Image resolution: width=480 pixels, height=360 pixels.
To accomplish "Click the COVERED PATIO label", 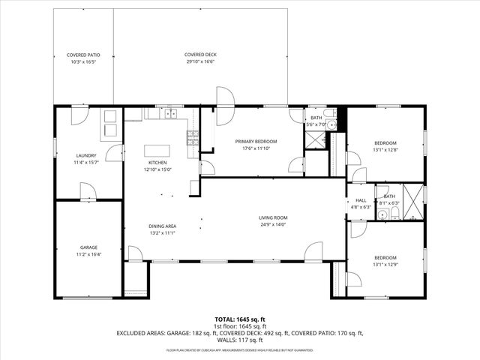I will [x=83, y=55].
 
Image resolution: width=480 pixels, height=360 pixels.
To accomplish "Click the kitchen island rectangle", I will [x=157, y=148].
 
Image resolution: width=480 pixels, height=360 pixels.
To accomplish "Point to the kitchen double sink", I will [x=169, y=114].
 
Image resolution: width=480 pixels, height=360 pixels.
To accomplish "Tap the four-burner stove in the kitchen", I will [x=192, y=136].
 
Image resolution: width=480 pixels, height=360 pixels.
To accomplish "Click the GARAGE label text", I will [x=89, y=247].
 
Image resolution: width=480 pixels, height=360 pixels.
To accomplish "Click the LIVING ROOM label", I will [x=274, y=217].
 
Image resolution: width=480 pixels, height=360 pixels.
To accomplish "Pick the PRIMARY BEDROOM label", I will [x=256, y=141].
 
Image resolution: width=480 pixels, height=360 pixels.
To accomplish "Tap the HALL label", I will [x=361, y=200].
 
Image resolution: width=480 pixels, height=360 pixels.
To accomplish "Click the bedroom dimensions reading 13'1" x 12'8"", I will [x=385, y=149].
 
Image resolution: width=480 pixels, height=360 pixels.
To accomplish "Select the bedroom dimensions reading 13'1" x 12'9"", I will [x=385, y=264].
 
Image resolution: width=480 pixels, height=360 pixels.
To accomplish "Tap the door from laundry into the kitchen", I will [x=115, y=153].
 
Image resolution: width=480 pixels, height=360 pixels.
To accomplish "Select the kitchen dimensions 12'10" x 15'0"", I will [x=157, y=169].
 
